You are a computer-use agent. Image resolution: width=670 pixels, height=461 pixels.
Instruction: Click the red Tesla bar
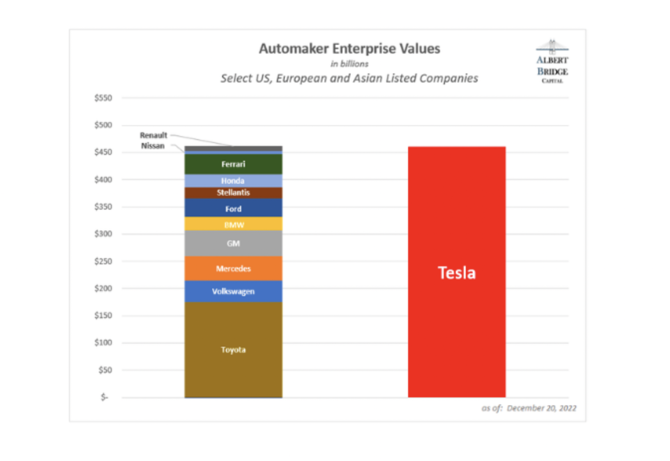(456, 272)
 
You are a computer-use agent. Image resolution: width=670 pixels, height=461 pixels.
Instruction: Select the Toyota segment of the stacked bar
(233, 350)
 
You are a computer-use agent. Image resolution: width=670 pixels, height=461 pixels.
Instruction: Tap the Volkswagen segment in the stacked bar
(233, 291)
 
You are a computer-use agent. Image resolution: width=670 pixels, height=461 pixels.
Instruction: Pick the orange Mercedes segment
(233, 268)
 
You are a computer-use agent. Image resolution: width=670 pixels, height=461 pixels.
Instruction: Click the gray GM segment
(233, 243)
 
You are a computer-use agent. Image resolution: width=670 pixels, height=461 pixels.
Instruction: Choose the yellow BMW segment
(233, 225)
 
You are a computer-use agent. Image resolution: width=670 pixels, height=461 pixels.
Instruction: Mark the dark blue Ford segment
(233, 209)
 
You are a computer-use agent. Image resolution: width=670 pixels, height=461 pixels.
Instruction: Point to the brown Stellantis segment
(233, 193)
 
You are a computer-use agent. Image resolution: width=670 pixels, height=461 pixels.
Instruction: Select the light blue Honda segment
(233, 181)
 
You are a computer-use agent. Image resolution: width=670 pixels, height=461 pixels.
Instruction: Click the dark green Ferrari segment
(233, 164)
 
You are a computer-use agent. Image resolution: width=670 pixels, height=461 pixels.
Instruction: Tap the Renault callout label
(153, 135)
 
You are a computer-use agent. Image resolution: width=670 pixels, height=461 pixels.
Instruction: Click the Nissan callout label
(153, 146)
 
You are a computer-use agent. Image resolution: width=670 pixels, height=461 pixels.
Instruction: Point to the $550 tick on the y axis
(103, 98)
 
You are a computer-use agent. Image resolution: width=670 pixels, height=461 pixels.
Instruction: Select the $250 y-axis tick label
(103, 261)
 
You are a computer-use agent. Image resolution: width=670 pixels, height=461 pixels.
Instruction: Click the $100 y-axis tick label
(103, 343)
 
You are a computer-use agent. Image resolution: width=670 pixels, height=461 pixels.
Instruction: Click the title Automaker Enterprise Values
(349, 49)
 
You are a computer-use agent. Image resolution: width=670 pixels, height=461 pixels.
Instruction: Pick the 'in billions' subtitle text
(349, 64)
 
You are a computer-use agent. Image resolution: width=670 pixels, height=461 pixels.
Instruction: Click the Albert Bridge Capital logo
(552, 62)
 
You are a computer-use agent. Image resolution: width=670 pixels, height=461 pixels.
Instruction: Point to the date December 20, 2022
(541, 408)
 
